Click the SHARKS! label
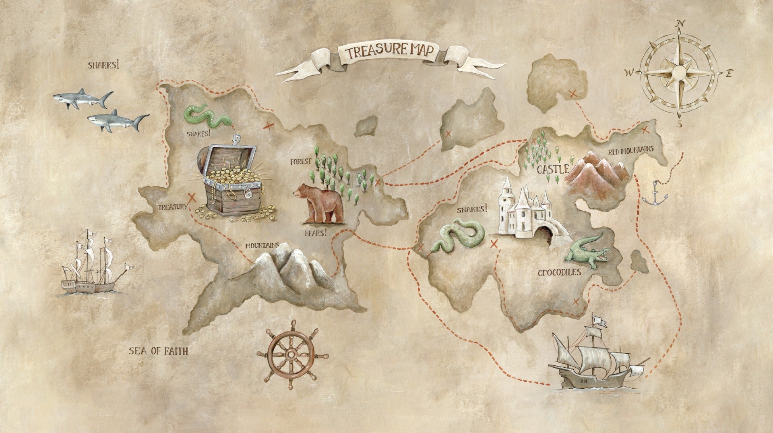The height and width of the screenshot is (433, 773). click(x=103, y=64)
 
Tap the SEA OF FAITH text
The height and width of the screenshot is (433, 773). click(x=158, y=351)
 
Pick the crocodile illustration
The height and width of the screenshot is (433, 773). click(x=586, y=252)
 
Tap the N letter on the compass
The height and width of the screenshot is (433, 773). click(x=681, y=23)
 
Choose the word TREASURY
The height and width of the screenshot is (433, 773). click(x=172, y=207)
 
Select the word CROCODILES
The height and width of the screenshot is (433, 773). click(x=559, y=273)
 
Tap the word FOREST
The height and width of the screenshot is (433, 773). click(x=301, y=162)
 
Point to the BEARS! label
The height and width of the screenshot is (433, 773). click(x=316, y=233)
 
